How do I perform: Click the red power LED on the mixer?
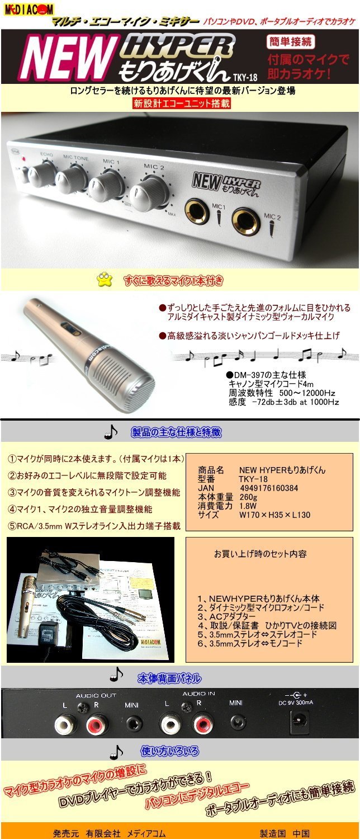23,159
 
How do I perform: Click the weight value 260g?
248,497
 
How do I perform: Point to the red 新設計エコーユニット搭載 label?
182,103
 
